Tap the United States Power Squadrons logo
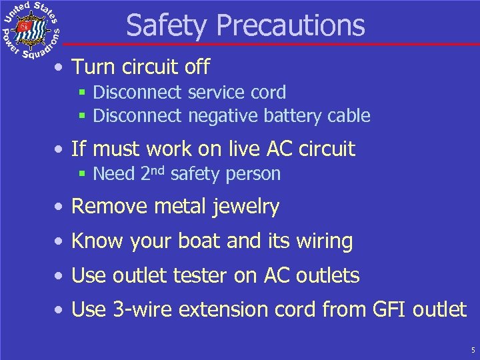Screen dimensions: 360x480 point(31,30)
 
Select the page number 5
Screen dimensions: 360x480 point(472,350)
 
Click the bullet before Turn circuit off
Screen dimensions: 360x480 point(60,68)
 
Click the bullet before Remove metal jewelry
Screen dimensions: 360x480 point(60,207)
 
